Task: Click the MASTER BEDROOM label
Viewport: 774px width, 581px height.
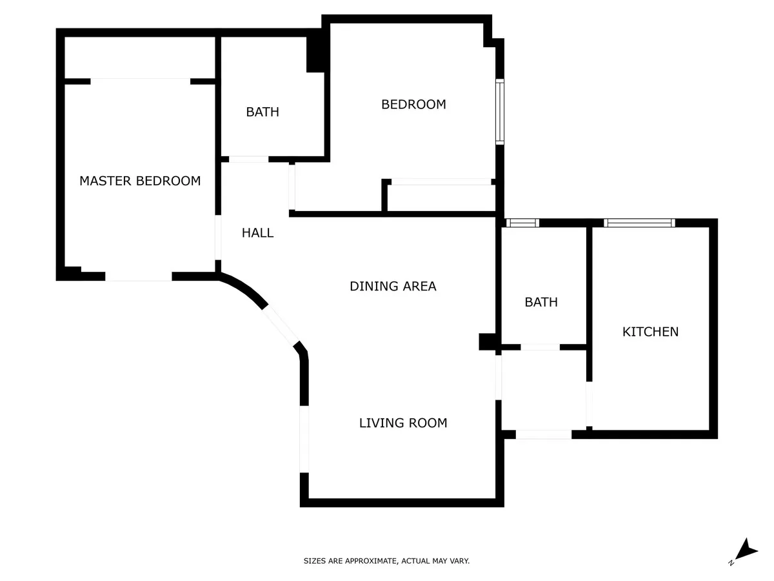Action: (140, 181)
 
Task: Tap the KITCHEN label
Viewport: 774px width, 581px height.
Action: (650, 332)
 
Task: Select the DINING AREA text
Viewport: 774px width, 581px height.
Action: (393, 286)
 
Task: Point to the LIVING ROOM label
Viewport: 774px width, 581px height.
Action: (403, 423)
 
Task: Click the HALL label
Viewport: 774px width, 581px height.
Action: (257, 233)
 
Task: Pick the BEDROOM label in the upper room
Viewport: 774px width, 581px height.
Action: (413, 105)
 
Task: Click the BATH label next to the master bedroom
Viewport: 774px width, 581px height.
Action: (263, 112)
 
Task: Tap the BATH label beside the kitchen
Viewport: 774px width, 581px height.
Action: (541, 302)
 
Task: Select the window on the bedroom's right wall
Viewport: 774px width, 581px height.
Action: (500, 112)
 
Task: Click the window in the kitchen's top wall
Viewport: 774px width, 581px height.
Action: (639, 223)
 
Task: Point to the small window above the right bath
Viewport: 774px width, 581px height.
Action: (522, 223)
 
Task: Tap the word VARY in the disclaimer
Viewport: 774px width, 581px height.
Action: (460, 561)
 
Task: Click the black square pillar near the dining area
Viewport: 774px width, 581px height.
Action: (488, 342)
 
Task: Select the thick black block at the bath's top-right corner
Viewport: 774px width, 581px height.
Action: (315, 54)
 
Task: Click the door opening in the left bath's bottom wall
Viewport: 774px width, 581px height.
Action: (248, 159)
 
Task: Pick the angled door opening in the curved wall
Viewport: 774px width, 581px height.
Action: (281, 325)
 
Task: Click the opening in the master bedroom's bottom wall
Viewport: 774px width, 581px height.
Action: (139, 276)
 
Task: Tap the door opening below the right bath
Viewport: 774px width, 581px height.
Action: (543, 434)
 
